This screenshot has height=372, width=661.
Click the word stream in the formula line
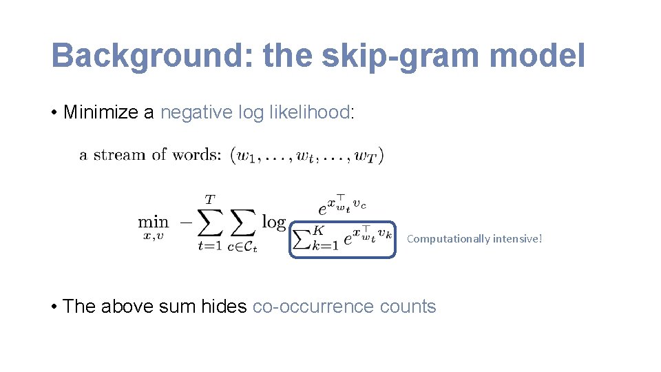(x=118, y=155)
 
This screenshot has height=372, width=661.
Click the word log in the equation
(x=273, y=223)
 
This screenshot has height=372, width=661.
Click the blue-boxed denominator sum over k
(x=342, y=239)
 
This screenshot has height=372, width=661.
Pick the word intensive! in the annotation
(x=517, y=239)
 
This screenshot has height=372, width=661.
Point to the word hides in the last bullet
(x=224, y=307)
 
